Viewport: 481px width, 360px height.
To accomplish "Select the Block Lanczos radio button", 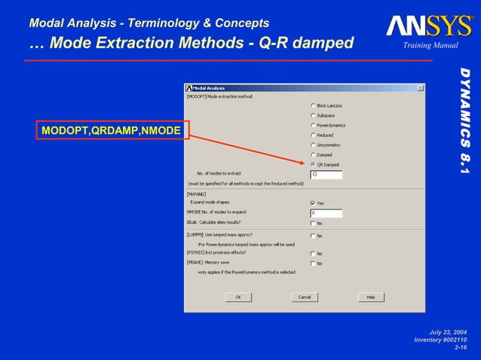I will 313,105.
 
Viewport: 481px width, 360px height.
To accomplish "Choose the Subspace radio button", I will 313,115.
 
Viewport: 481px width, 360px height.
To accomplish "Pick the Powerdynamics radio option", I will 313,125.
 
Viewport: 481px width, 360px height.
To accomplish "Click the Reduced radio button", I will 313,135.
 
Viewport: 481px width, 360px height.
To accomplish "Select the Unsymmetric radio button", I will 313,145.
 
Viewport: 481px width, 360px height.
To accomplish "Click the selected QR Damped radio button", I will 313,164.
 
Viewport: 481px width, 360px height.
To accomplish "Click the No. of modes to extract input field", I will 326,174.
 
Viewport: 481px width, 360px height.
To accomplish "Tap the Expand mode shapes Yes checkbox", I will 313,203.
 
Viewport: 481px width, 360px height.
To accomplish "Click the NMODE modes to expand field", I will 326,213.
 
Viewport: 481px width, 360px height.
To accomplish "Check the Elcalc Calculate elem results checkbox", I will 313,223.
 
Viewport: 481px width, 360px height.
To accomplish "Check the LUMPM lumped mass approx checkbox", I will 313,236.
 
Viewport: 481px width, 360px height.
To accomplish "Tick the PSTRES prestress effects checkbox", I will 313,253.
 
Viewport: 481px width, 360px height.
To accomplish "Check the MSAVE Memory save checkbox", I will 313,263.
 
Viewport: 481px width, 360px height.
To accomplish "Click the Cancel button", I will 305,297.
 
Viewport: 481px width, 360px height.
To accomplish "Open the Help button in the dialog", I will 370,297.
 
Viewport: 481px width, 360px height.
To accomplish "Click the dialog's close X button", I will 420,88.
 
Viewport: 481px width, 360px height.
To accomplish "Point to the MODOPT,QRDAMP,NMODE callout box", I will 111,132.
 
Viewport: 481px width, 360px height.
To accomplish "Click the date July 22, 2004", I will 448,332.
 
